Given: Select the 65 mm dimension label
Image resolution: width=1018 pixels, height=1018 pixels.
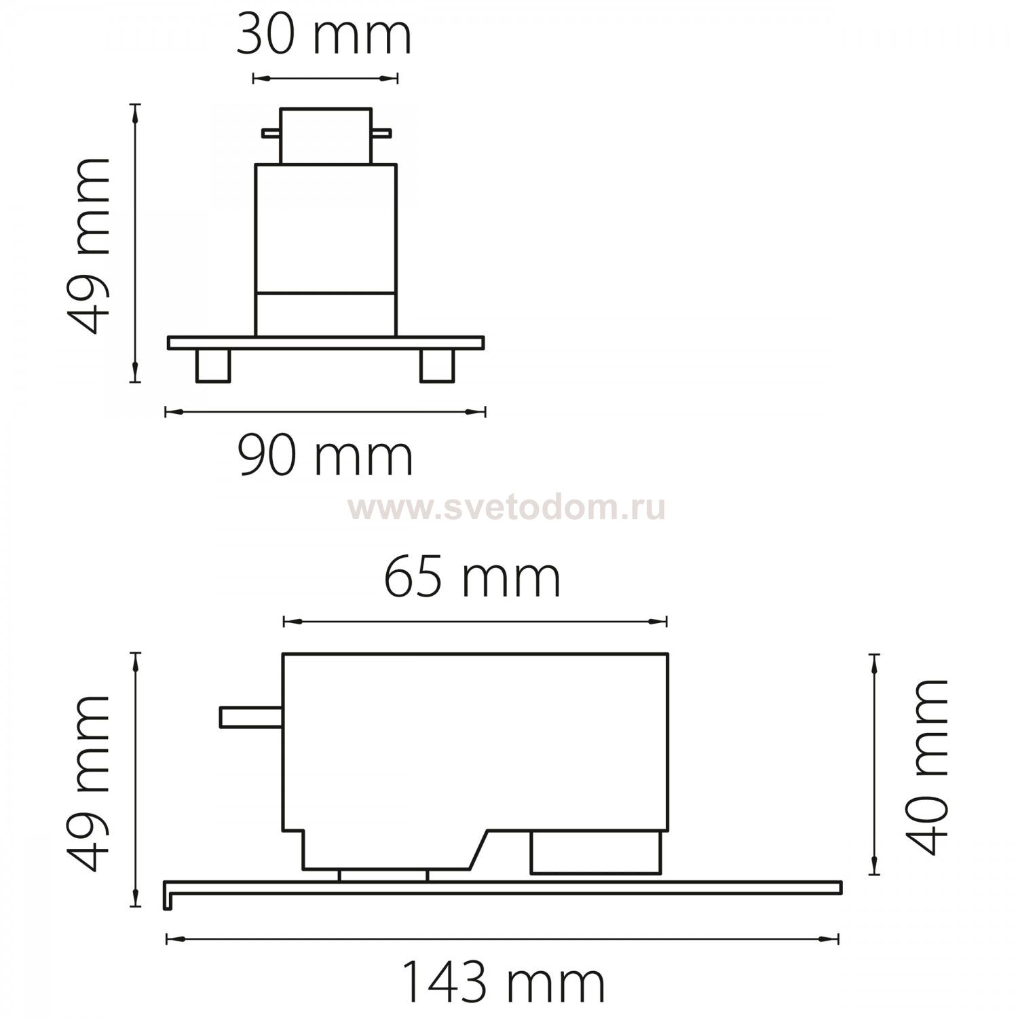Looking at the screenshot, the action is [472, 578].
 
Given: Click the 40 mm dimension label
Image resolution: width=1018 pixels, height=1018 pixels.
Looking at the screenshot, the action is [928, 766].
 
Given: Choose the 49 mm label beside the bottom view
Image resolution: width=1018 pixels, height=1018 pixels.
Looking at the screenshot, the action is [90, 783].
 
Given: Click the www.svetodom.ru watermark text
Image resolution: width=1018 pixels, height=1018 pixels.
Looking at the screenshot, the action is [507, 508].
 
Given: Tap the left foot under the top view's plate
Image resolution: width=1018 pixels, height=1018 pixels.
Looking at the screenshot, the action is [213, 365].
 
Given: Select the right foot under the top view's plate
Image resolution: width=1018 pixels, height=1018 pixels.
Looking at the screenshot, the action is [437, 365].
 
